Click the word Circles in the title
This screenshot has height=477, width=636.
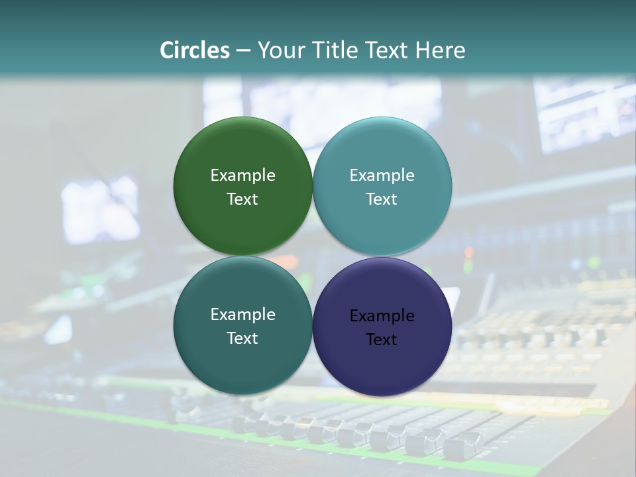click(x=194, y=50)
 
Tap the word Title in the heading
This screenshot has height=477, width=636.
click(x=333, y=50)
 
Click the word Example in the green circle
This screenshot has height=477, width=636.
click(x=242, y=176)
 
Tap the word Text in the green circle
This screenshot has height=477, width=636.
click(x=242, y=199)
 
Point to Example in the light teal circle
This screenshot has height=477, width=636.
click(x=382, y=176)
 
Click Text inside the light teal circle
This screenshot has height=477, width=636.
click(x=382, y=199)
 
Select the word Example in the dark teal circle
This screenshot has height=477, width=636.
click(x=242, y=315)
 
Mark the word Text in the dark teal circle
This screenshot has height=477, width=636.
click(x=242, y=339)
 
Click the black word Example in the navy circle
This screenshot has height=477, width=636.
click(x=382, y=316)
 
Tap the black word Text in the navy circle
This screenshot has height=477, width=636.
click(x=382, y=340)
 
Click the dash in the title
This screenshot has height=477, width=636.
click(x=243, y=51)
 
